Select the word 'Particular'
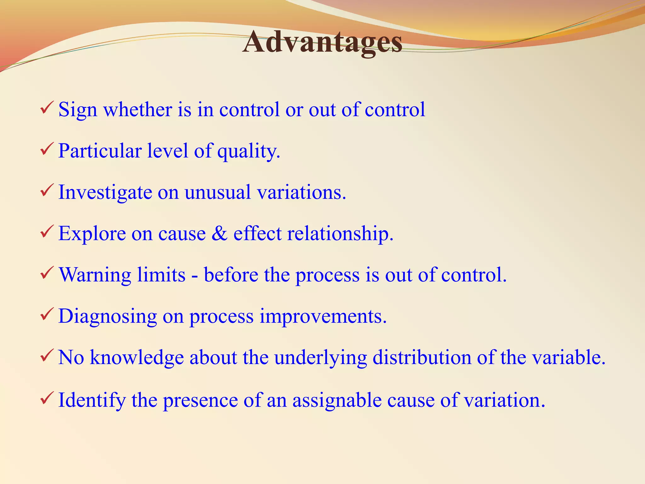pos(100,151)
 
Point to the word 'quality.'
pos(248,152)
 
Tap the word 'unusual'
pos(218,192)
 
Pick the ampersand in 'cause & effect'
pos(219,233)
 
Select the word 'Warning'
pos(95,275)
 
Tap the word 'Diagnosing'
pos(107,317)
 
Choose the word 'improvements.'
pos(323,317)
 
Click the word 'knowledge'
pos(137,358)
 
